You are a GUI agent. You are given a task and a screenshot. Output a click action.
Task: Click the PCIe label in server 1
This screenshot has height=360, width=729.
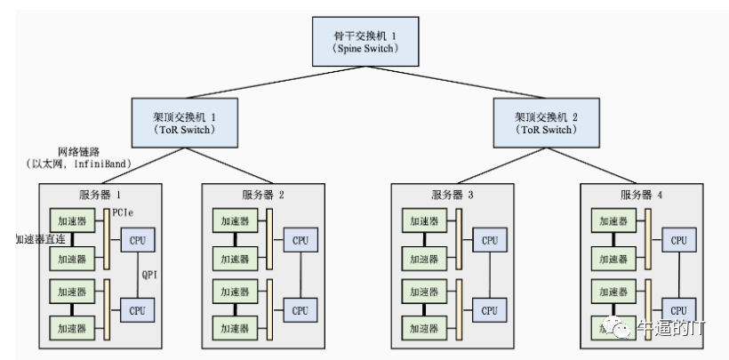click(124, 212)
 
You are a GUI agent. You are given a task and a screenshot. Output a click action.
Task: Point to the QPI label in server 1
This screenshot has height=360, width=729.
click(149, 275)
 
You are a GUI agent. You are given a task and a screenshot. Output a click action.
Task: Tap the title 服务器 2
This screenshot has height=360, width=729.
click(262, 195)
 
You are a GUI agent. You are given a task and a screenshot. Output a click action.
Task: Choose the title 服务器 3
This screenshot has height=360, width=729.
click(451, 195)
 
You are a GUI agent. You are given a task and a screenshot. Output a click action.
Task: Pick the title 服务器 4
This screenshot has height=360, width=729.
click(640, 195)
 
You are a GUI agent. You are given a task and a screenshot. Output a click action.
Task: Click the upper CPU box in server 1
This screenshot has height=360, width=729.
click(138, 240)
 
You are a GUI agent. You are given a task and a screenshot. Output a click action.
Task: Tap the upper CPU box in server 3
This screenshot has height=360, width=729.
click(489, 240)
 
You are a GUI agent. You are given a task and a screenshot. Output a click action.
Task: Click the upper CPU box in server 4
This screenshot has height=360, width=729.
click(678, 240)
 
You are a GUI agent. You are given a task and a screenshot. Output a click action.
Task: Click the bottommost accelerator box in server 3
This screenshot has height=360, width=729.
click(424, 328)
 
